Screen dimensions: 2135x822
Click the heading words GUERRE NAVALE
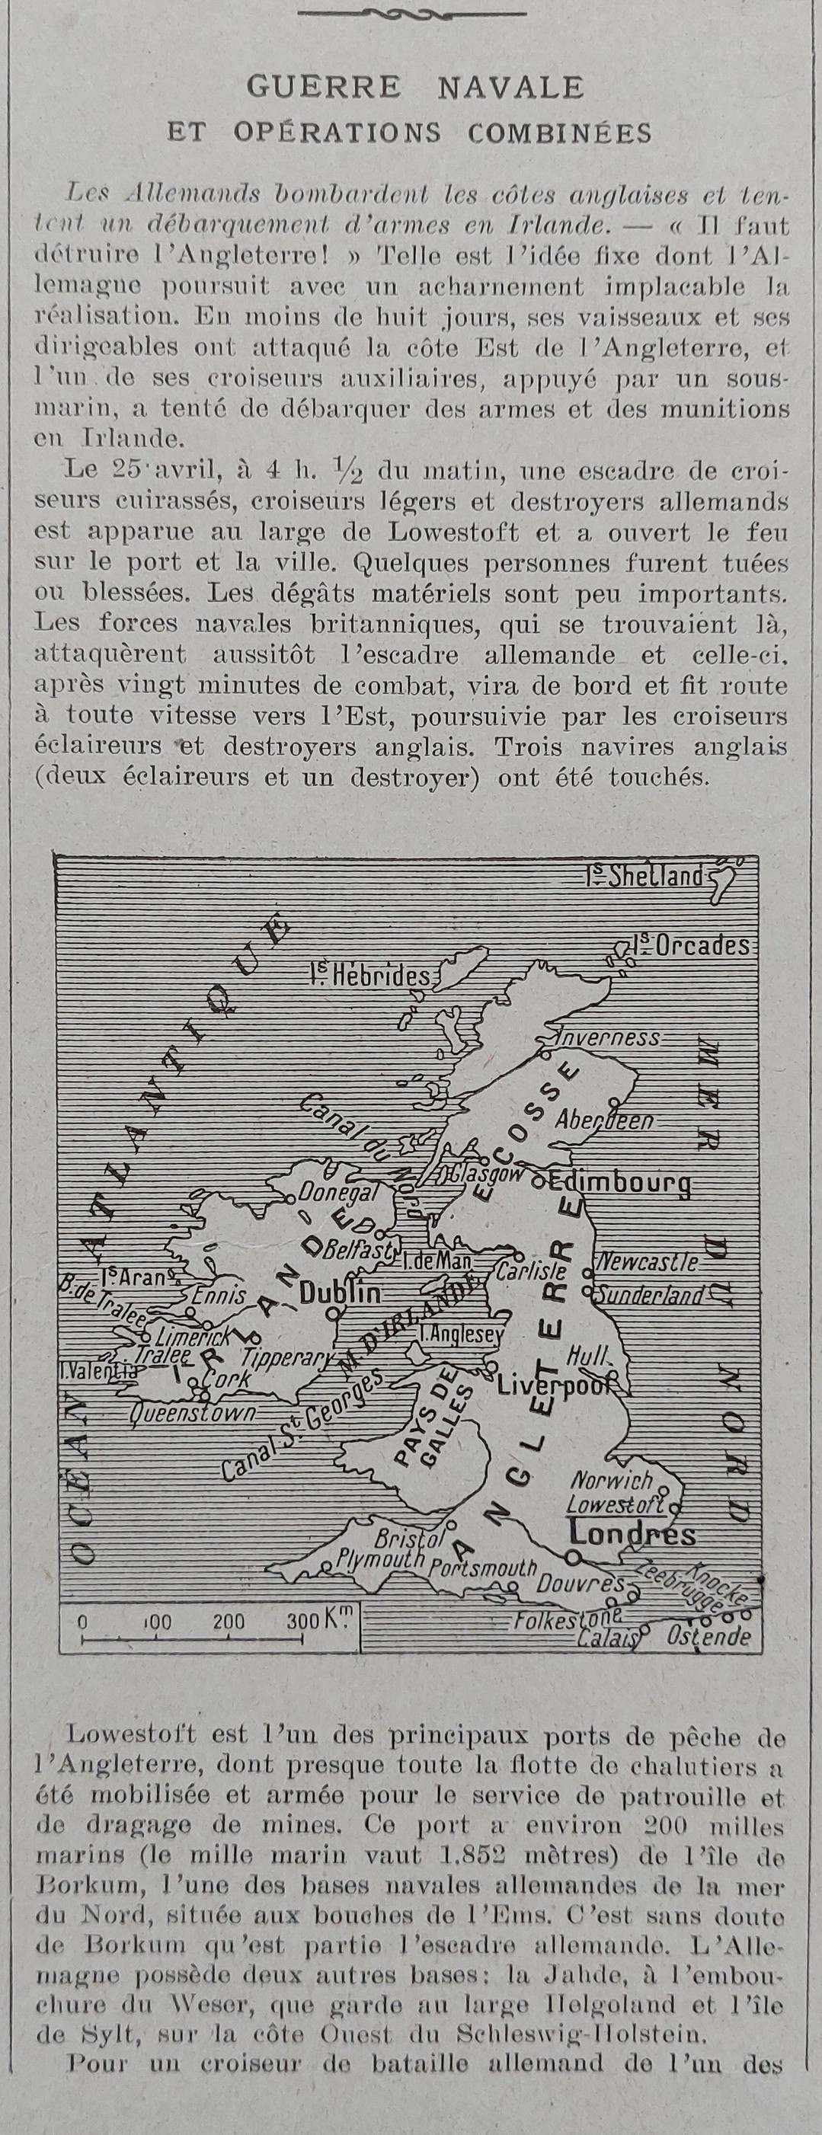pos(414,87)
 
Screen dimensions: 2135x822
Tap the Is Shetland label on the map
pos(648,877)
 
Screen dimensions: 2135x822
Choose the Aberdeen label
pos(604,1120)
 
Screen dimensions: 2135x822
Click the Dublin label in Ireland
pos(340,1293)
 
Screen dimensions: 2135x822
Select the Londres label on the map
pos(632,1534)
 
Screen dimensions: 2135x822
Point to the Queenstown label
pos(192,1413)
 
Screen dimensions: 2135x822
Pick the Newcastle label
pos(647,1262)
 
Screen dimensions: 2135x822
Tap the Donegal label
pos(337,1194)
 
